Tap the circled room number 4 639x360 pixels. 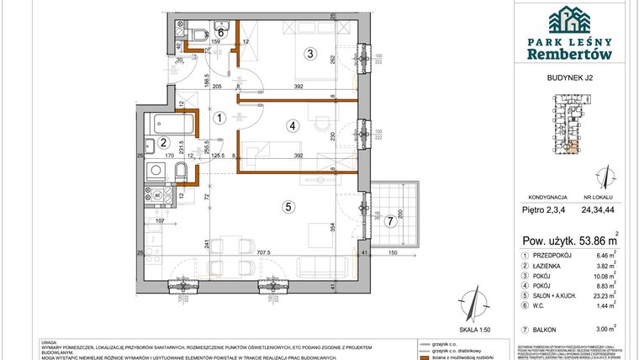coord(292,126)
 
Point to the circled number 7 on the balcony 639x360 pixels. coord(388,222)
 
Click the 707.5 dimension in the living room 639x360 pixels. coord(264,251)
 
